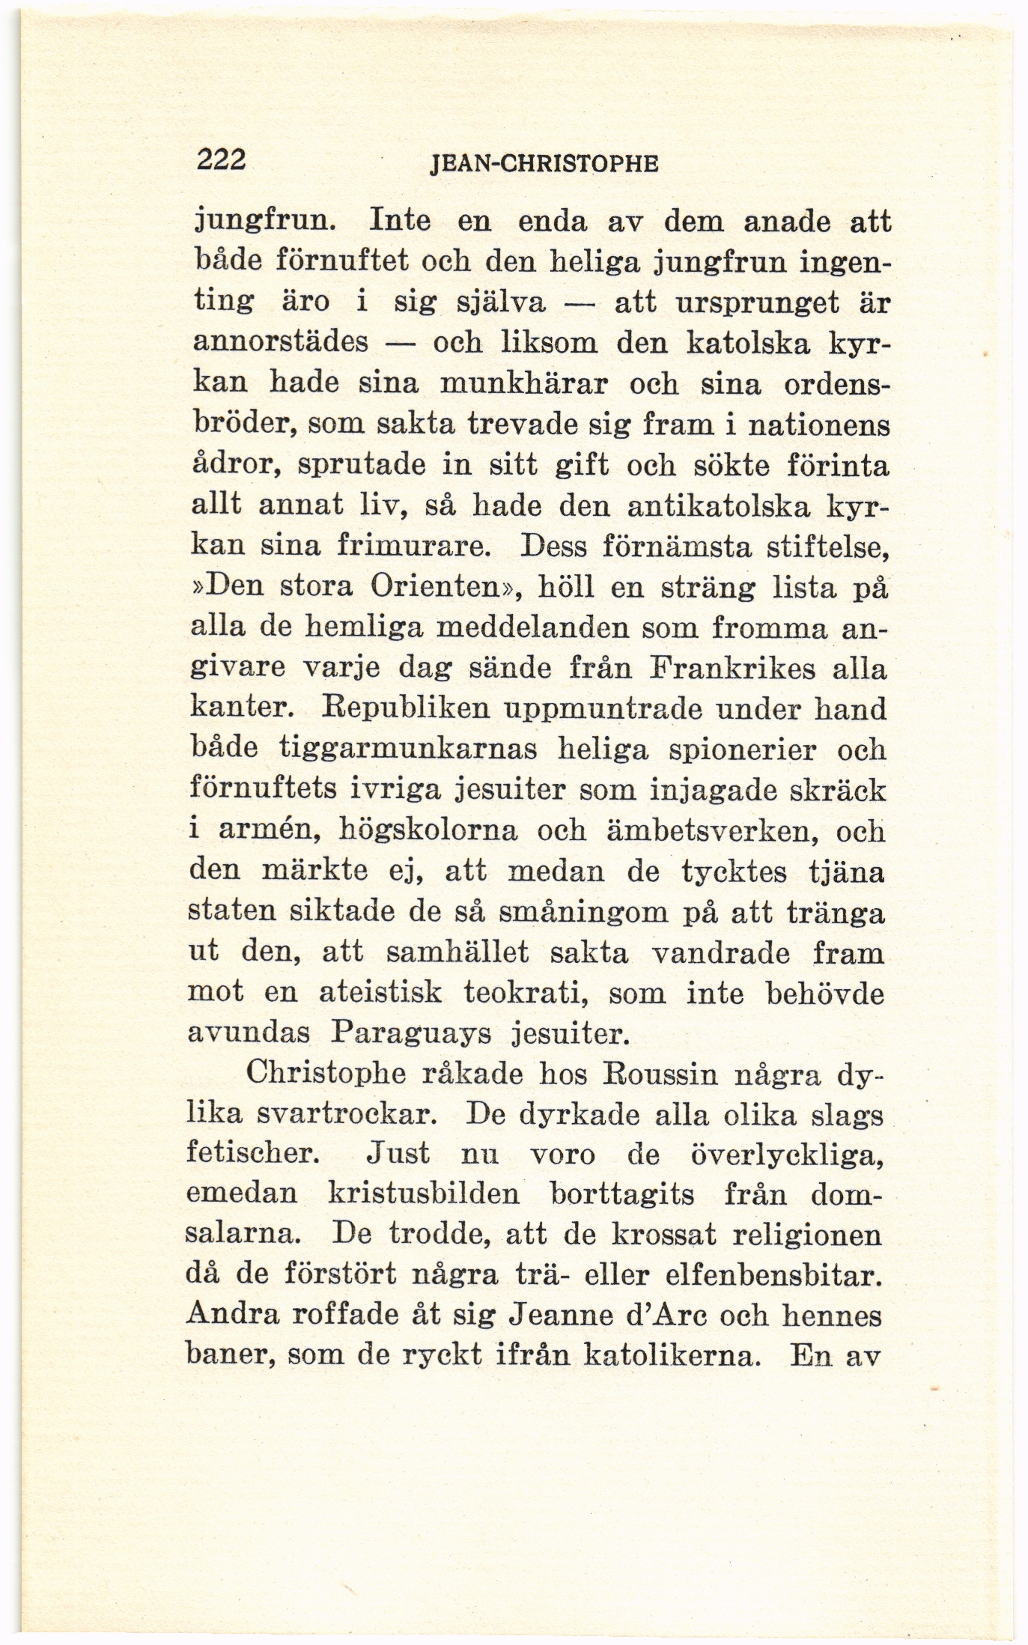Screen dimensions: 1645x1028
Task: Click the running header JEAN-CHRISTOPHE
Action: click(544, 164)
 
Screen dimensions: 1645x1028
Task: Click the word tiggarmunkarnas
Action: click(409, 749)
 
